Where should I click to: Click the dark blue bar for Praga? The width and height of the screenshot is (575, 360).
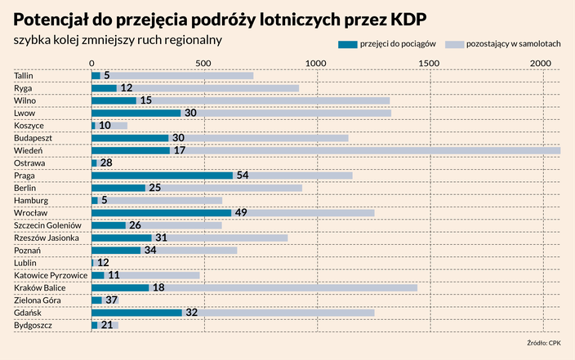tap(162, 176)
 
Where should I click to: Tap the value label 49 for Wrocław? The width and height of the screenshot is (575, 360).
tap(242, 213)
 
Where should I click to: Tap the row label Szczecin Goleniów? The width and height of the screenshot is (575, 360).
tap(48, 225)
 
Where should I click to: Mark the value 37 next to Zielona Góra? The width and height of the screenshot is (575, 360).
tap(112, 300)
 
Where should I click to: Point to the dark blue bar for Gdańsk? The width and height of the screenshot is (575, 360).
tap(136, 313)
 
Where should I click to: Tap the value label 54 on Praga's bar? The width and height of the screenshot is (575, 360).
tap(242, 176)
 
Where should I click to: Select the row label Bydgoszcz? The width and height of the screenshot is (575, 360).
tap(33, 326)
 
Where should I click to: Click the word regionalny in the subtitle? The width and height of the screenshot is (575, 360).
tap(192, 39)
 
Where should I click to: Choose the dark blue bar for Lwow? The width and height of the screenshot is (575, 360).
tap(136, 113)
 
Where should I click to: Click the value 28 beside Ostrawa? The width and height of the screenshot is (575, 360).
tap(106, 163)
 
